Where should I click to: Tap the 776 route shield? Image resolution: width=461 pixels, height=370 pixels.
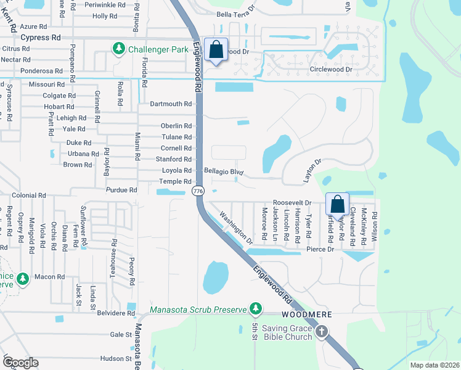coord(198,191)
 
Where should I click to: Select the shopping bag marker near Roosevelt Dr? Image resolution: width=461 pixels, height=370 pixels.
coord(338,204)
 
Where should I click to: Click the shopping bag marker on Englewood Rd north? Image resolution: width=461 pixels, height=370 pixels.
coord(216,50)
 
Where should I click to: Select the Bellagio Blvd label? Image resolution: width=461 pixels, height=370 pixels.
coord(224,171)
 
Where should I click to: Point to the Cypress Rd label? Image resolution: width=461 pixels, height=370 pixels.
coord(41,37)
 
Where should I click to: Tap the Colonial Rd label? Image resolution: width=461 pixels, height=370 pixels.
coord(29,195)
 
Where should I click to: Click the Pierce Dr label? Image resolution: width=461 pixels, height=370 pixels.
coord(320,249)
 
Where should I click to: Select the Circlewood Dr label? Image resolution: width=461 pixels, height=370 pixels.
coord(331,69)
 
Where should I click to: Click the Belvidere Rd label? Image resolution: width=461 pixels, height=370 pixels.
coord(116,313)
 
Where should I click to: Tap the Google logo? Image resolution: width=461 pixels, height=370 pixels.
coord(20,363)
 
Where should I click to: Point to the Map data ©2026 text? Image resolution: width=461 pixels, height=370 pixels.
coord(434,365)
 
